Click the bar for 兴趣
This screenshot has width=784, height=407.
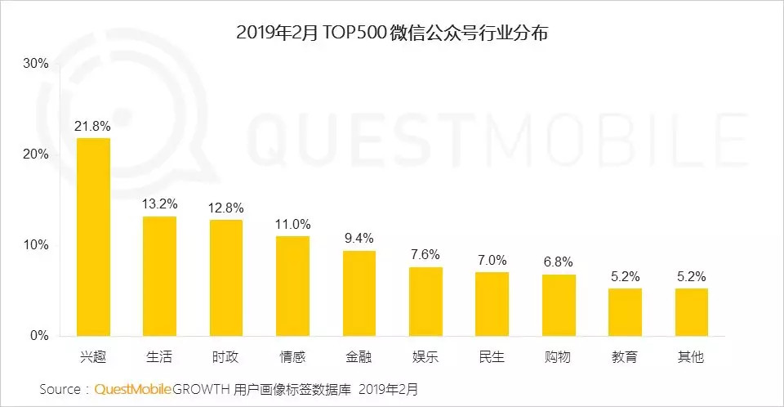pos(93,237)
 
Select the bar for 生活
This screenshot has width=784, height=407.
pos(159,276)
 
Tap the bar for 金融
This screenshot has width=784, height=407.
pos(359,293)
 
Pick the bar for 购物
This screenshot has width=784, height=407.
pos(559,305)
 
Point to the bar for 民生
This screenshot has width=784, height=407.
pos(492,304)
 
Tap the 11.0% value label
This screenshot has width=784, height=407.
pos(292,223)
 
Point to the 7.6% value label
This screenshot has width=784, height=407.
pos(425,254)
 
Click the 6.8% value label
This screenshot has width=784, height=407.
pos(559,262)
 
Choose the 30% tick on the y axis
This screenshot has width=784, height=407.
pos(36,64)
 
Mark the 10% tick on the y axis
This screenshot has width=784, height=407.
pos(36,245)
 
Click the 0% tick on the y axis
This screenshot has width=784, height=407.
pos(39,336)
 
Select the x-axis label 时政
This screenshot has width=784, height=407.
pos(226,357)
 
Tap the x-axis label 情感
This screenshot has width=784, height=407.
pos(292,357)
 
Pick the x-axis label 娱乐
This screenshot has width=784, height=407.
pos(425,357)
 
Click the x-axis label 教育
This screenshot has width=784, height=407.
pos(626,357)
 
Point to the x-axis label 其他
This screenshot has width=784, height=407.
pos(692,357)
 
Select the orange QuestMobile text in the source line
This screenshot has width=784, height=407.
pos(132,388)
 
